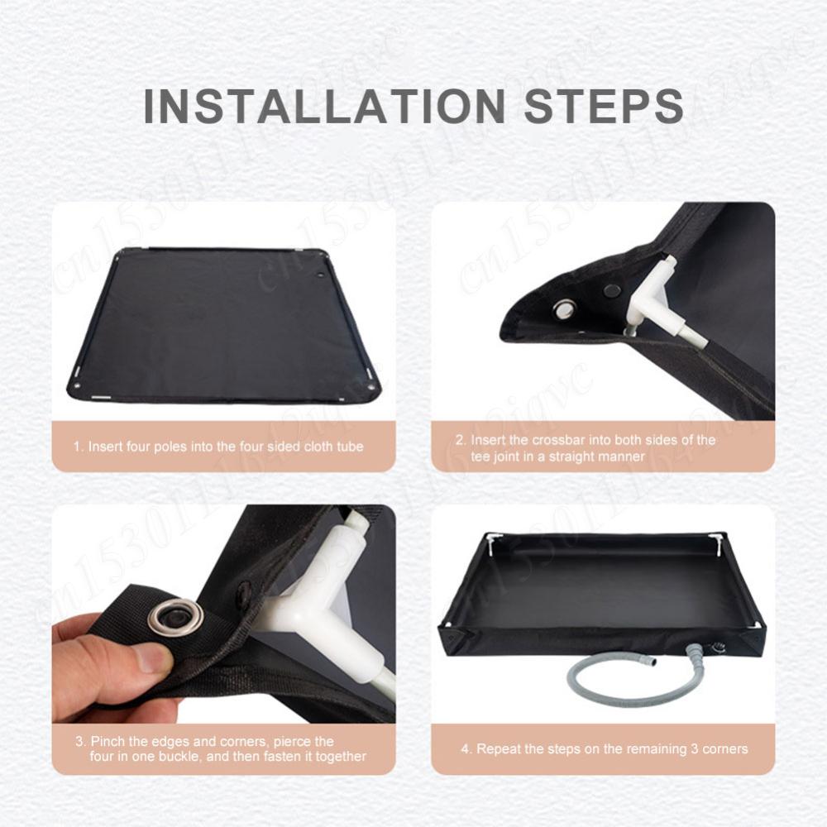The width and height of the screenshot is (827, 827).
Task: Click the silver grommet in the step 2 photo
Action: pyautogui.click(x=565, y=309)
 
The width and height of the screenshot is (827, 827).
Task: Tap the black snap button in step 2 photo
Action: pyautogui.click(x=612, y=290)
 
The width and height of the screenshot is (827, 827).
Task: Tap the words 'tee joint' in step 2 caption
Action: pyautogui.click(x=499, y=457)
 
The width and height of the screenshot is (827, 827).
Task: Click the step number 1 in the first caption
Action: pyautogui.click(x=77, y=447)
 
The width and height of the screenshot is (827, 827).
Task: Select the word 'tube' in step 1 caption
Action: pyautogui.click(x=350, y=447)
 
